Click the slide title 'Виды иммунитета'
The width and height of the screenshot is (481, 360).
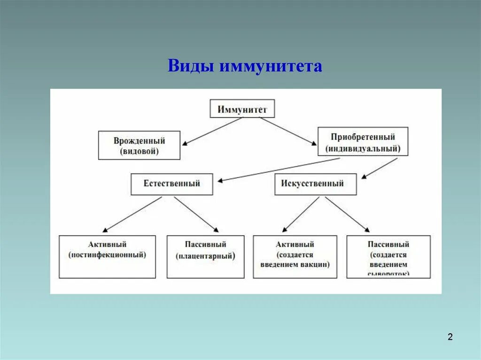[x=245, y=66]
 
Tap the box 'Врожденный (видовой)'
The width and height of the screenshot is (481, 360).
[x=139, y=146]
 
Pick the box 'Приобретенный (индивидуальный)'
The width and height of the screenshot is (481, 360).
[x=363, y=142]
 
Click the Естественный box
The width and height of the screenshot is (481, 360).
[x=171, y=184]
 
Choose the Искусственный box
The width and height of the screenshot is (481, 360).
[x=315, y=184]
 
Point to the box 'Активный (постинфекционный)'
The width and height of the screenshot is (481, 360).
[x=107, y=256]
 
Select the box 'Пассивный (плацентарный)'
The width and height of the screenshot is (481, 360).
[x=205, y=256]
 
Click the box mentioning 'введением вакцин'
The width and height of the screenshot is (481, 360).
[x=295, y=256]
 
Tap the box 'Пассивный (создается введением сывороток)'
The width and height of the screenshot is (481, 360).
[x=388, y=256]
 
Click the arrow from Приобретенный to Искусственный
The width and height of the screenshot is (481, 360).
[x=380, y=168]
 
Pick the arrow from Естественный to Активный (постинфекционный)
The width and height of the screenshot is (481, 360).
[x=132, y=214]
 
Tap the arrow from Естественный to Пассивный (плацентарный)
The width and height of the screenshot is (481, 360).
[x=196, y=214]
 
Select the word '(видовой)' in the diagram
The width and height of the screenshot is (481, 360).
[x=139, y=151]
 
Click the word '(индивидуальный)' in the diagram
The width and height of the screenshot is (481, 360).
[x=363, y=148]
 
